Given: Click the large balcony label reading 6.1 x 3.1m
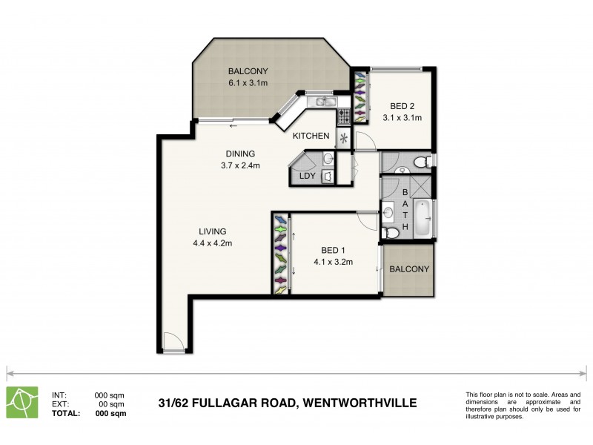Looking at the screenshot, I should tap(248, 83).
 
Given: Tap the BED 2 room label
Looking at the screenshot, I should tap(402, 106).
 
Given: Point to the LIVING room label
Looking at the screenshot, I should tap(211, 231).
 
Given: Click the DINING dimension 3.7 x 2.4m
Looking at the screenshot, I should tap(240, 165).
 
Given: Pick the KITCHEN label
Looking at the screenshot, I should tap(311, 136).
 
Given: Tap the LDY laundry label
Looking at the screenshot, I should tap(306, 176).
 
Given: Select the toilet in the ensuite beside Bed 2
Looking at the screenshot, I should tap(420, 161).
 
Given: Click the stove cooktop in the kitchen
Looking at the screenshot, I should tap(344, 116).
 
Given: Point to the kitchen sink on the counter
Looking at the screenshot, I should tap(324, 102).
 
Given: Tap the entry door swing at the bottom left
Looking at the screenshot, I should tap(172, 342).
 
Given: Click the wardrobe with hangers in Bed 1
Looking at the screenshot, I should tap(281, 254).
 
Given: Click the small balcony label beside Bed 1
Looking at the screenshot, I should tap(408, 269).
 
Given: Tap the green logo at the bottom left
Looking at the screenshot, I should tap(23, 403).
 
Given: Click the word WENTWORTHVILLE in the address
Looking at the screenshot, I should tap(359, 403).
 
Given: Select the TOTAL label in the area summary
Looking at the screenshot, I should tap(66, 414).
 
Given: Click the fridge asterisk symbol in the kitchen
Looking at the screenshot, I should tap(343, 139).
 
